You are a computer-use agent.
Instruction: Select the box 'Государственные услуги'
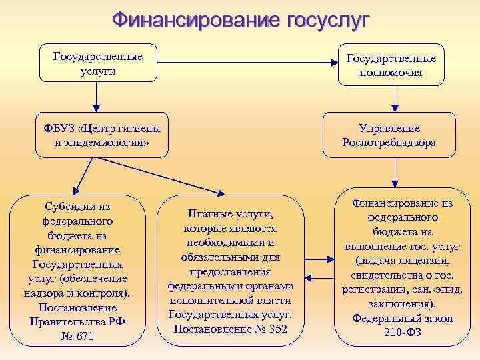pyautogui.click(x=99, y=63)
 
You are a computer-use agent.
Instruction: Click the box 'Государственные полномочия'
pyautogui.click(x=391, y=65)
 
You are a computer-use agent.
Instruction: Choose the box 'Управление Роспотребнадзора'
pyautogui.click(x=389, y=135)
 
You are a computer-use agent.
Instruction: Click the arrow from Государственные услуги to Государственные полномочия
pyautogui.click(x=247, y=64)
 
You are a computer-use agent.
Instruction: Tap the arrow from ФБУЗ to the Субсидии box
pyautogui.click(x=84, y=176)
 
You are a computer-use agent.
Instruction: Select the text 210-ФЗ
pyautogui.click(x=403, y=333)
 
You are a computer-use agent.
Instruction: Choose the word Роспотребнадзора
pyautogui.click(x=389, y=142)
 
